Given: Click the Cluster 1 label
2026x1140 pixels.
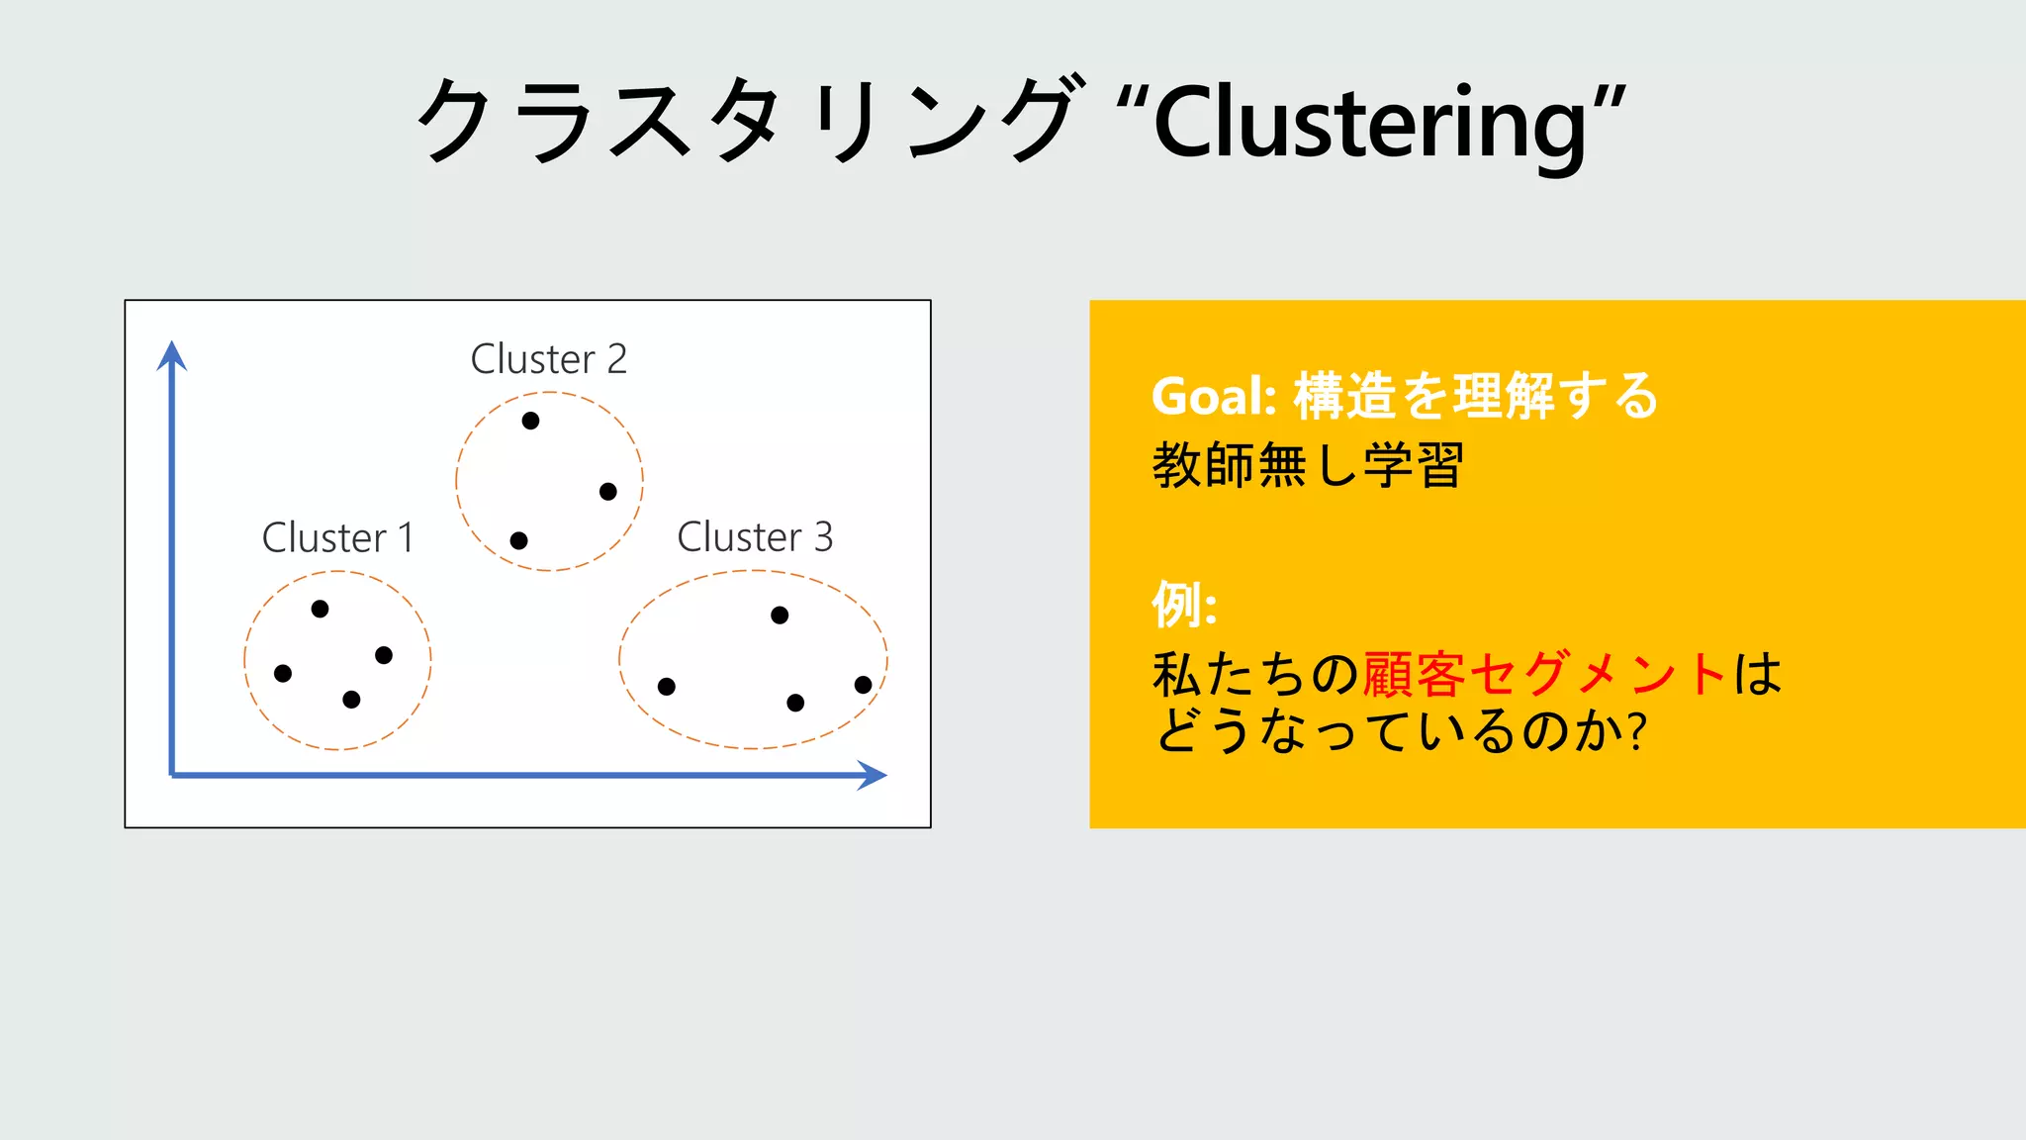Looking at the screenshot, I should point(337,537).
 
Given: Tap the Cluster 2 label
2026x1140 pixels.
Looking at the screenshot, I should point(548,358).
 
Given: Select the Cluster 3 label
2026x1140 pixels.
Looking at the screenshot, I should point(755,536).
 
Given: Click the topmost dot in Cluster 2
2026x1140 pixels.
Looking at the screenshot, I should point(530,421).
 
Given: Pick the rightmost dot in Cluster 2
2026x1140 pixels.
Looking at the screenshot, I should point(608,492).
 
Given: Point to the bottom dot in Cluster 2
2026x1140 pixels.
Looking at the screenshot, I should point(518,540).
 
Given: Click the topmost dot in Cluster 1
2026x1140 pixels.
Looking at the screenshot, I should point(320,609).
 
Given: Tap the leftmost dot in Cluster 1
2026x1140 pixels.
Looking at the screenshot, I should point(283,674).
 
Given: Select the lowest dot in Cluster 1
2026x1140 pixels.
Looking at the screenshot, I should point(351,700).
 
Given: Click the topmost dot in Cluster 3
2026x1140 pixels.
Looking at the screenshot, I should point(780,616).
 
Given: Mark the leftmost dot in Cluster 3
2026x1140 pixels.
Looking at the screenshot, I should point(667,687).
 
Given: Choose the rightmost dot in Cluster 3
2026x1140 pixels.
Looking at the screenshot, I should point(863,685).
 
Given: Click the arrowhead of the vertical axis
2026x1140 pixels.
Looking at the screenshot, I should point(172,354).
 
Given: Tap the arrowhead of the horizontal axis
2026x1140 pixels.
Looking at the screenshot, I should point(872,775).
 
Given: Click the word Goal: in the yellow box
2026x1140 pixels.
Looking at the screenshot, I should point(1214,396).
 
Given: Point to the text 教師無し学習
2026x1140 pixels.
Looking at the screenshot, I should point(1308,465).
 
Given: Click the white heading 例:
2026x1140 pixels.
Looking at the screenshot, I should point(1184,604).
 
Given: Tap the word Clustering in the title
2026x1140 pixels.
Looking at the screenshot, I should point(1370,123).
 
